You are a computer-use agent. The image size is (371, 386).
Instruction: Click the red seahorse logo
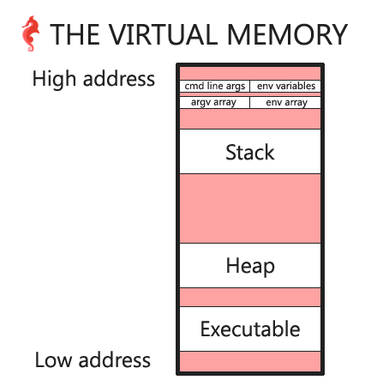[30, 33]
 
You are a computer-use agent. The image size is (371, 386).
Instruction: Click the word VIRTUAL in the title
[162, 34]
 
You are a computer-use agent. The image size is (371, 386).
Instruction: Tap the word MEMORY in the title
[287, 34]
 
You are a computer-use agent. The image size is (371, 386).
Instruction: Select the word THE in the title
[75, 34]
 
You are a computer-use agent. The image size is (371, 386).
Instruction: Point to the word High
[54, 80]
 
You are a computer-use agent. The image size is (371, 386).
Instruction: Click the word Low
[53, 360]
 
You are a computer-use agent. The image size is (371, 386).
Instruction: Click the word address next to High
[119, 78]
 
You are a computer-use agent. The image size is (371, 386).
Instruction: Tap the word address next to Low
[115, 359]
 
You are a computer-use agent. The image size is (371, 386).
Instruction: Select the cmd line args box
[214, 86]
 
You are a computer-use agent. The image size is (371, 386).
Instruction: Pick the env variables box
[285, 86]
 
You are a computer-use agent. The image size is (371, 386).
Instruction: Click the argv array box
[214, 102]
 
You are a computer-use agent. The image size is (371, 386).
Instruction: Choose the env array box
[285, 102]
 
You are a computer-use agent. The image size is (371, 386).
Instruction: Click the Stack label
[250, 153]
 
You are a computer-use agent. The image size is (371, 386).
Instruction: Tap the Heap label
[250, 266]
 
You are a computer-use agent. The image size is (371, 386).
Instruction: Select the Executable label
[250, 329]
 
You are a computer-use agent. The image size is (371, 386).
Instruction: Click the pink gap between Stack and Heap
[250, 208]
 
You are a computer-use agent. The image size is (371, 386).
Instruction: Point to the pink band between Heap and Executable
[250, 298]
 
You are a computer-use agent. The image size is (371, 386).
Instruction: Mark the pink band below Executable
[250, 361]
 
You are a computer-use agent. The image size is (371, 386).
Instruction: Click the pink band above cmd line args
[250, 74]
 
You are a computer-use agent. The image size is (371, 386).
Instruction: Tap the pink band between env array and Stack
[250, 118]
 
